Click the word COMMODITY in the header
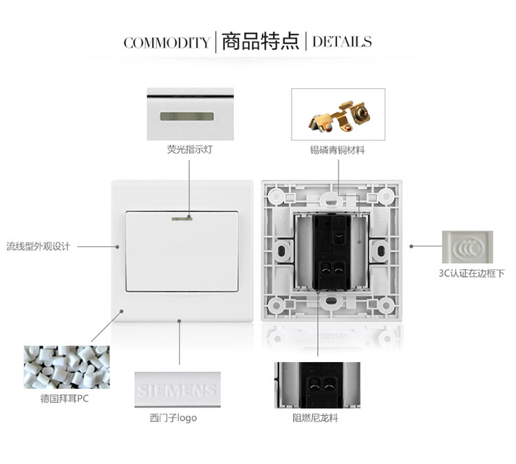tap(166, 43)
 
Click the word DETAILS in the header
tap(342, 42)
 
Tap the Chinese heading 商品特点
tap(260, 41)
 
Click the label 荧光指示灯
tap(190, 149)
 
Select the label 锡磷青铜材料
tap(337, 150)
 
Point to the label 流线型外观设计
tap(39, 246)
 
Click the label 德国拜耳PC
tap(65, 399)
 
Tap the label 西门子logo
tap(173, 418)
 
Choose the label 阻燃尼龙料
tap(315, 418)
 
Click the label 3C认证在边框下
tap(471, 273)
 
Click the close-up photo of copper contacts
tap(338, 114)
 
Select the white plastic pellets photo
tap(67, 367)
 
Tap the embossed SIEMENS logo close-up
tap(178, 390)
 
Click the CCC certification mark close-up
tap(468, 247)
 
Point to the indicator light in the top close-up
tap(187, 116)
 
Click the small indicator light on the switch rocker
tap(182, 218)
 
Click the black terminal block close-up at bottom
tap(317, 386)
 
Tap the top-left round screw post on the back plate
tap(277, 197)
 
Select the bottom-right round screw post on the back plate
tap(387, 305)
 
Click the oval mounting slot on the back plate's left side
tap(281, 251)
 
